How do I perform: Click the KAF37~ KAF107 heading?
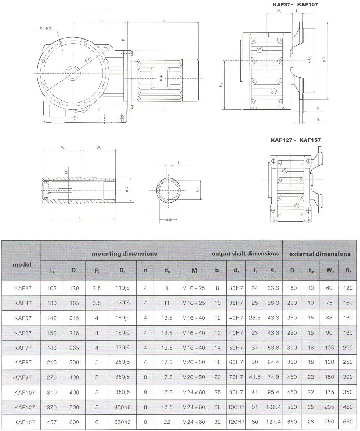(294, 5)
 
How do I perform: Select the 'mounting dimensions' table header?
(124, 254)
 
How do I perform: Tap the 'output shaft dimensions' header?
(245, 254)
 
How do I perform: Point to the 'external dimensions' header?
(320, 254)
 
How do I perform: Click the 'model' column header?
(22, 264)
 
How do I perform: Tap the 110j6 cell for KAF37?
(123, 288)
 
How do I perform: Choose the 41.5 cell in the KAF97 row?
(255, 377)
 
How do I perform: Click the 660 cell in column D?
(292, 422)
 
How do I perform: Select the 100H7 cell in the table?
(236, 407)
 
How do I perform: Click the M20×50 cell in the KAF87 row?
(194, 363)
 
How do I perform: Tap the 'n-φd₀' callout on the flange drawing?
(46, 28)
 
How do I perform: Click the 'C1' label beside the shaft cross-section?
(198, 189)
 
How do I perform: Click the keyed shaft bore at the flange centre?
(73, 73)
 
